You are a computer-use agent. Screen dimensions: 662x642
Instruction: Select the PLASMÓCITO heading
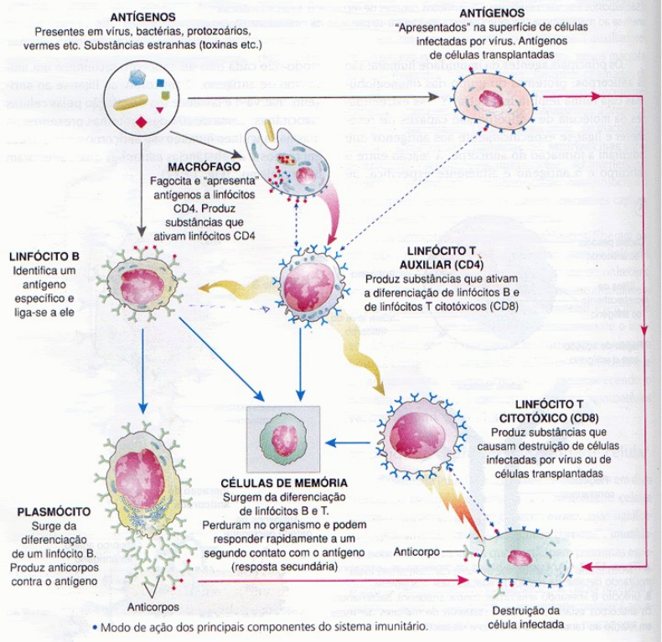point(48,510)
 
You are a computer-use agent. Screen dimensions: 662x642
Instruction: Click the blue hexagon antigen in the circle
point(137,78)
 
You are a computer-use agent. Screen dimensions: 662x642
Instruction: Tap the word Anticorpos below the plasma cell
point(154,607)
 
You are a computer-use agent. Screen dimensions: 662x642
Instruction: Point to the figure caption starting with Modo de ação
point(264,626)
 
